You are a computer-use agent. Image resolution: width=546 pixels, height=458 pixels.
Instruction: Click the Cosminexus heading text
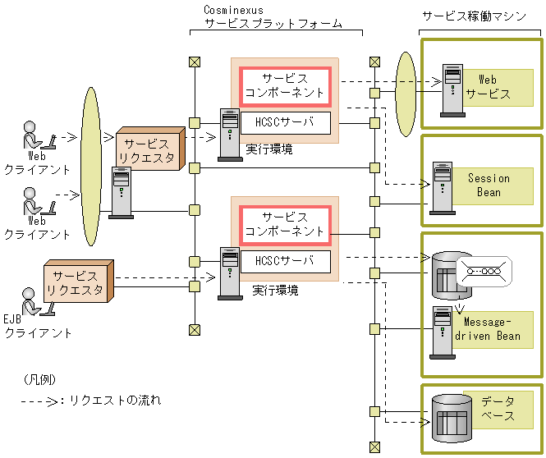(x=233, y=9)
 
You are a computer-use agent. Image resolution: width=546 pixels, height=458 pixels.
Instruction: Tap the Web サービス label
(x=488, y=87)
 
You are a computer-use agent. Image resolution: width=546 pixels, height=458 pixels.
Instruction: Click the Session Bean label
(x=489, y=185)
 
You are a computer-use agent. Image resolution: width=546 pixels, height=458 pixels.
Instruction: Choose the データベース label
(x=498, y=408)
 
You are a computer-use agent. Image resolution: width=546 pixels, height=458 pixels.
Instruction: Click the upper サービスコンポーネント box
(x=285, y=86)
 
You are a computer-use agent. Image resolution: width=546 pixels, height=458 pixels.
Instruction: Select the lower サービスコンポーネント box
(x=285, y=224)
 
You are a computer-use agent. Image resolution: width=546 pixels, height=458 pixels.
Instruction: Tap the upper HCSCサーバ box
(x=285, y=124)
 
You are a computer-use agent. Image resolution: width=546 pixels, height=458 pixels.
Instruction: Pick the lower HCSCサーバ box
(x=285, y=262)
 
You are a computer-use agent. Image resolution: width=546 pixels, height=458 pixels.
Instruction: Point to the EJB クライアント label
(x=38, y=327)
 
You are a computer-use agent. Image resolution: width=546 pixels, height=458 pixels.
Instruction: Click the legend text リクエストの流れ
(x=115, y=401)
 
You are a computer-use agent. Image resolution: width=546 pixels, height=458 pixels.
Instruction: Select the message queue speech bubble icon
(x=484, y=269)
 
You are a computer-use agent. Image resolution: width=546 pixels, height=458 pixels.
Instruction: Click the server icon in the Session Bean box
(x=442, y=189)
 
